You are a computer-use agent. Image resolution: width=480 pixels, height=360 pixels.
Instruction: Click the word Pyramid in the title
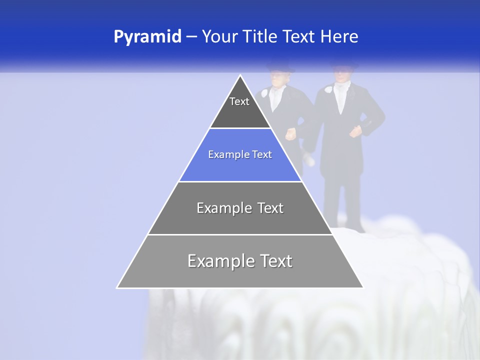point(147,36)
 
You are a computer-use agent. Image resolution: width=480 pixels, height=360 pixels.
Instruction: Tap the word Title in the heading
point(264,36)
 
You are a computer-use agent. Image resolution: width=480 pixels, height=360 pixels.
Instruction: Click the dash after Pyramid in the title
point(191,37)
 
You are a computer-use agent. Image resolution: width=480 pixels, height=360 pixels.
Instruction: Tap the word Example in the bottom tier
point(220,261)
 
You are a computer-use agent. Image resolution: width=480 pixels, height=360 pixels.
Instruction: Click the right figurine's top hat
point(344,64)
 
